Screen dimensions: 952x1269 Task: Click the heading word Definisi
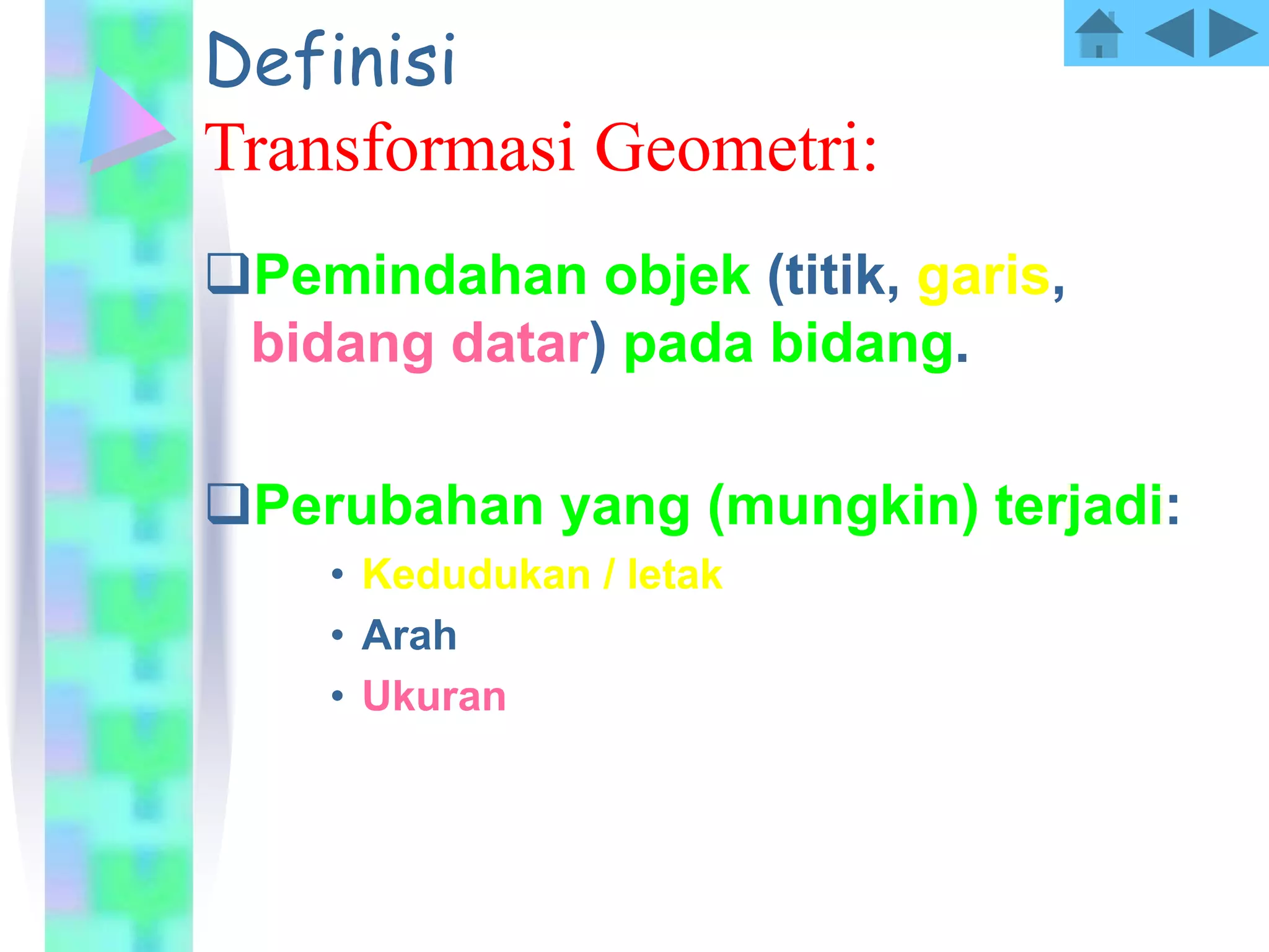332,60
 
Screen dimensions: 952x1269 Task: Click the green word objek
677,277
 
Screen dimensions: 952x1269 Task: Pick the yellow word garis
984,277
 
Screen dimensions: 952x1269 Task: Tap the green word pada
688,345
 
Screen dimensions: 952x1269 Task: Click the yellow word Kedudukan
476,575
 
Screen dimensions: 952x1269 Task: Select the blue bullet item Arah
409,635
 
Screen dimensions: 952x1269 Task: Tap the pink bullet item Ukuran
434,696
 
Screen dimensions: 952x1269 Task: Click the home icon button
1098,34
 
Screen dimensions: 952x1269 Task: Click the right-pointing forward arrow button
1232,33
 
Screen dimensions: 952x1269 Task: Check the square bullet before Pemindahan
227,273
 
